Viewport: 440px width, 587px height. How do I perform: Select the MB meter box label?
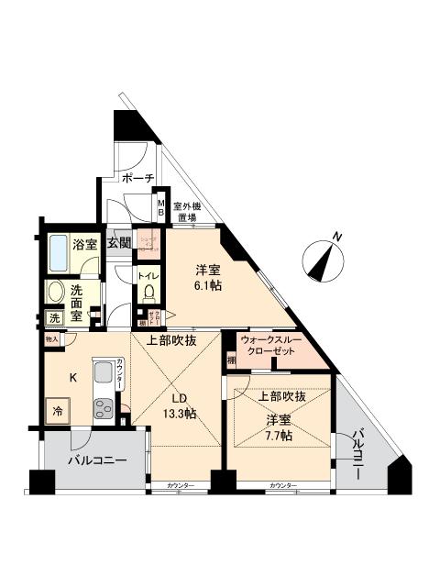[159, 209]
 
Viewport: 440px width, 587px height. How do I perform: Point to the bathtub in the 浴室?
[60, 249]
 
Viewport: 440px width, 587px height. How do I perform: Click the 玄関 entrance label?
[118, 243]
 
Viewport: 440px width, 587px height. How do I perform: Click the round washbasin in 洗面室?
[56, 293]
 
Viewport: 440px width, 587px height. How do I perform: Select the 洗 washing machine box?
[54, 318]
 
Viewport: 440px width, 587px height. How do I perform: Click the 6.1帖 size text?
[207, 286]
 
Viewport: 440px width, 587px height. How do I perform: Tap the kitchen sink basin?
[102, 375]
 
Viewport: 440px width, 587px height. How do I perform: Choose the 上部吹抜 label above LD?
[170, 340]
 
